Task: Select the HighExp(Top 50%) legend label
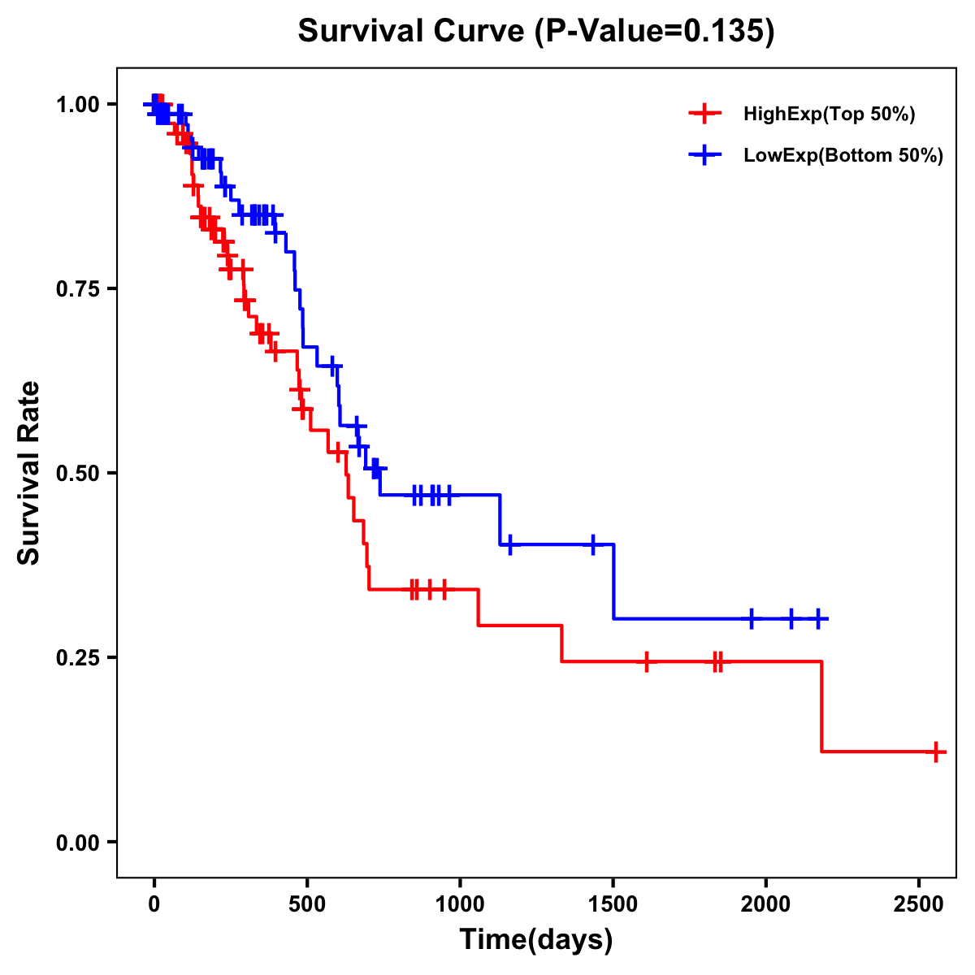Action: coord(829,115)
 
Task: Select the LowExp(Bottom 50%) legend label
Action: coord(843,156)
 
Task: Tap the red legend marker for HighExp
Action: coord(704,114)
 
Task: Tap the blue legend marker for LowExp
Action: coord(704,155)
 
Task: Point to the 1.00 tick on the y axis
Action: coord(77,104)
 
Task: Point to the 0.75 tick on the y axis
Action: coord(77,288)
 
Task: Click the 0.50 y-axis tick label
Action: coord(77,473)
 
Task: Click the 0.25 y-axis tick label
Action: coord(77,657)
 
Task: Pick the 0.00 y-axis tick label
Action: coord(77,842)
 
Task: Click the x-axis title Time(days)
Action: coord(536,940)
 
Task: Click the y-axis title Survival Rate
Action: coord(29,473)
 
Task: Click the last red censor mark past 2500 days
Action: coord(936,752)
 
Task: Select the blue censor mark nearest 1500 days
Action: coord(593,544)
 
